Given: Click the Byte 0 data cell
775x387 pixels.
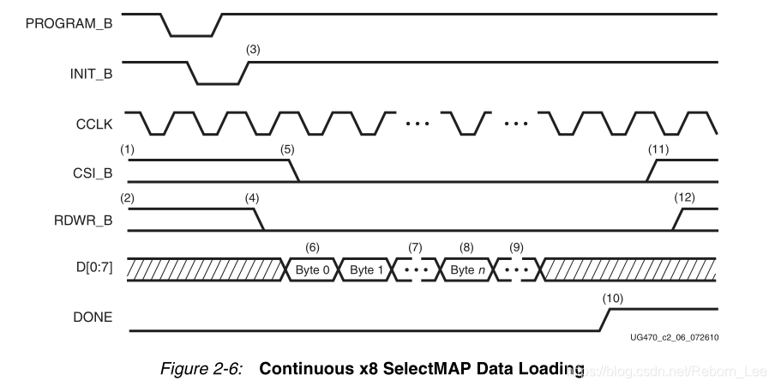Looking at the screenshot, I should (313, 269).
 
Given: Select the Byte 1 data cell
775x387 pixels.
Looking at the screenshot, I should (366, 269).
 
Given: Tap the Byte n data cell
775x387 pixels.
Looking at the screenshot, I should (466, 269).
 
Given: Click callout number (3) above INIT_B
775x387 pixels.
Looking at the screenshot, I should (253, 51).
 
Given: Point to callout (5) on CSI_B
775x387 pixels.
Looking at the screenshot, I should (287, 148).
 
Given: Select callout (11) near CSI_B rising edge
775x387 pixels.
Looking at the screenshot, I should (658, 148).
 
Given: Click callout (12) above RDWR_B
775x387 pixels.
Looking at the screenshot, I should (684, 197).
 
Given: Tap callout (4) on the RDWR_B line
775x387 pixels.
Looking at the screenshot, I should (252, 197).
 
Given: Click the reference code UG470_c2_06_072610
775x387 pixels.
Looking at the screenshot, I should (672, 337).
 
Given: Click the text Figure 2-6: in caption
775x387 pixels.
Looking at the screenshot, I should (207, 370).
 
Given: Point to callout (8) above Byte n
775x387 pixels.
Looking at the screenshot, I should (466, 246).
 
